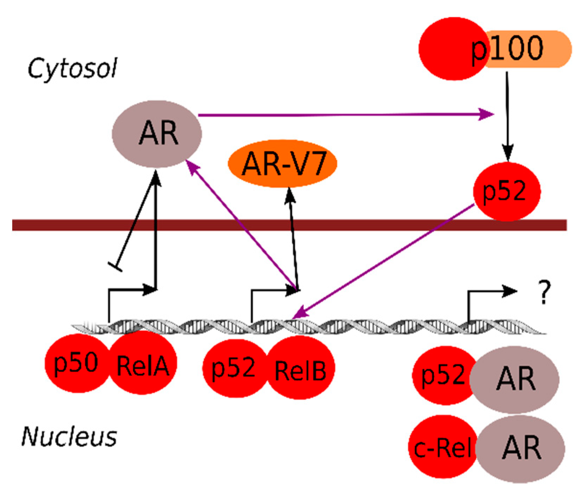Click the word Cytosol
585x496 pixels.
point(72,69)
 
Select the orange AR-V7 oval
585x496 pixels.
point(283,164)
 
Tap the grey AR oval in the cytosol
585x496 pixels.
point(157,134)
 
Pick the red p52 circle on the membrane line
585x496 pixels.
point(506,192)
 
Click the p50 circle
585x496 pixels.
point(76,363)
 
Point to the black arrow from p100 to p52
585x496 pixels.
point(507,116)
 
